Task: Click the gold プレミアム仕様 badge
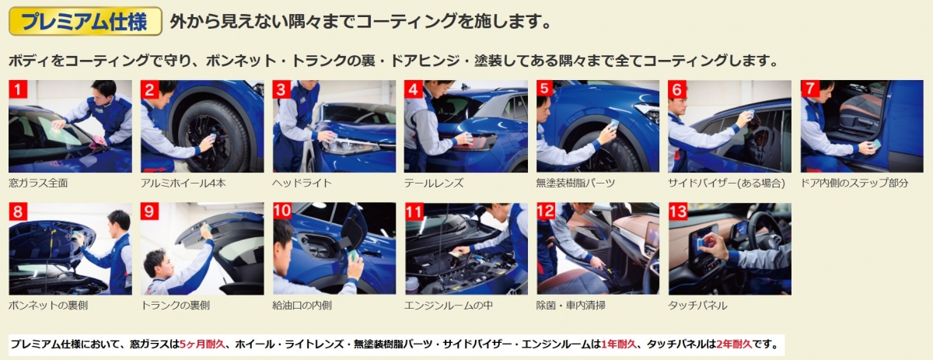[86, 21]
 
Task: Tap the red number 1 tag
[18, 89]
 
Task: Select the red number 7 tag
[809, 89]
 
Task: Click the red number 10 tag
[282, 211]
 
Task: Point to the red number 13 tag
[678, 211]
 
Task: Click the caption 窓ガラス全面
[38, 183]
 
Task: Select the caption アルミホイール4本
[183, 183]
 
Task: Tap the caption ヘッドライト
[302, 183]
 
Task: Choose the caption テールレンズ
[434, 183]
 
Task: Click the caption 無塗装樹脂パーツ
[575, 183]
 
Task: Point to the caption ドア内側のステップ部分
[854, 183]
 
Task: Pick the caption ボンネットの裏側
[48, 306]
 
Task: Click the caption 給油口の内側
[302, 306]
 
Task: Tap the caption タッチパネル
[697, 306]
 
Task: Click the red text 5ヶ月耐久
[202, 344]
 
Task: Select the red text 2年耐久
[734, 344]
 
